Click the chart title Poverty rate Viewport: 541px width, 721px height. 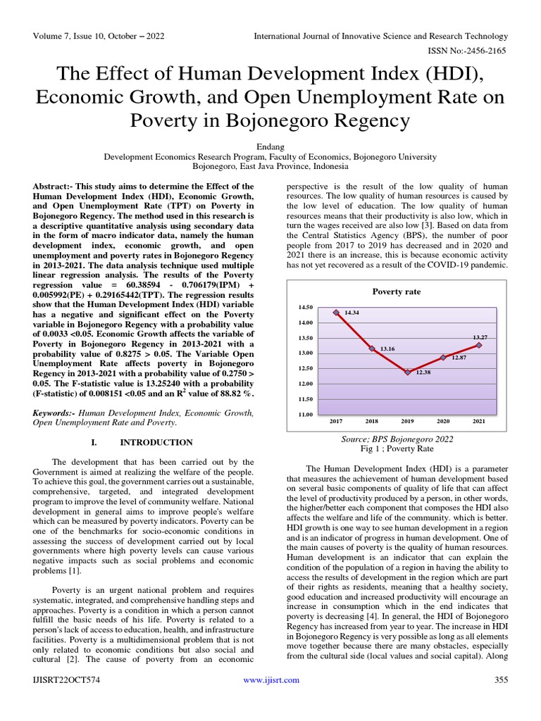(x=396, y=291)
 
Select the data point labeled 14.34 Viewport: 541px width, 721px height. (x=336, y=312)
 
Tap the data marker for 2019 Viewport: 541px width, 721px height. (x=408, y=372)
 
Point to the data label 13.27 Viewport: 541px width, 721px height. (x=480, y=338)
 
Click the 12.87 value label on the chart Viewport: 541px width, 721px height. (x=459, y=358)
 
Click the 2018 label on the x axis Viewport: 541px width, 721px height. (x=371, y=421)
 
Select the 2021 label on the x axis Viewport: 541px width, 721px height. (x=479, y=421)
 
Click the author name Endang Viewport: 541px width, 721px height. (x=270, y=146)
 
